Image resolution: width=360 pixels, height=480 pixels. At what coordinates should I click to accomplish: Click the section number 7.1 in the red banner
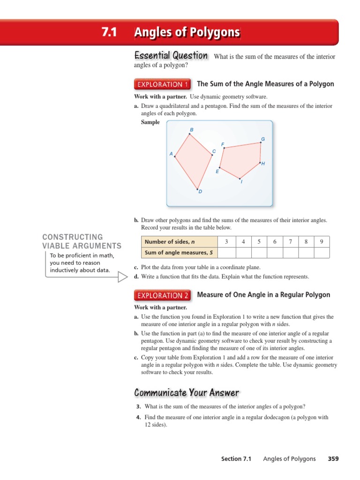click(108, 33)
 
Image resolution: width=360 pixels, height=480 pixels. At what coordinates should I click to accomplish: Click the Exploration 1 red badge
click(163, 84)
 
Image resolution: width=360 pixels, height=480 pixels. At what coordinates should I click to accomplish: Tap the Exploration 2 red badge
click(163, 295)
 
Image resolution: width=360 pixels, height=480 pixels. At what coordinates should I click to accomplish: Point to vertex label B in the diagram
click(191, 129)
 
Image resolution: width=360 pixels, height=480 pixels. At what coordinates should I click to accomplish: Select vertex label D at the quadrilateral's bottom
click(200, 192)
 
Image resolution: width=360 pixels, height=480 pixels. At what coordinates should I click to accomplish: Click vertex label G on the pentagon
click(263, 139)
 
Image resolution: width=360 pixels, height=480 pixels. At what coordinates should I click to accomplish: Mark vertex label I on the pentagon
click(241, 181)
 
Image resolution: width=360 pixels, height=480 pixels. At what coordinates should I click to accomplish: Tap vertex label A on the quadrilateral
click(171, 154)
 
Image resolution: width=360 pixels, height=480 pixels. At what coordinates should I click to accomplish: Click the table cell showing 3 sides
click(226, 242)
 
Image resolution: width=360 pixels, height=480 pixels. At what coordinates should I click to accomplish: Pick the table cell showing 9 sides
click(322, 242)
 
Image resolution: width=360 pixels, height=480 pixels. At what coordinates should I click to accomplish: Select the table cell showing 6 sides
click(274, 242)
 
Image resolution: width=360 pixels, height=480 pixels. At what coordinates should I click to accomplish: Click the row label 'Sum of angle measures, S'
click(179, 253)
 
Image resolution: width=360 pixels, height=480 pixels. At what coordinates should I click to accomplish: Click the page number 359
click(333, 459)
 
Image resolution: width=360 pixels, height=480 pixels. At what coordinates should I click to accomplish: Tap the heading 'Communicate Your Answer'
click(187, 393)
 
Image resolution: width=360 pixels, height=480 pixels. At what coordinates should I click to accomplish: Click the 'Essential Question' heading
click(171, 56)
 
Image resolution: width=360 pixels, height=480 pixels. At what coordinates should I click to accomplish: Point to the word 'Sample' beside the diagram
click(150, 122)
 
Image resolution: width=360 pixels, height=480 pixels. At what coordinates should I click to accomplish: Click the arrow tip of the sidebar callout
click(127, 277)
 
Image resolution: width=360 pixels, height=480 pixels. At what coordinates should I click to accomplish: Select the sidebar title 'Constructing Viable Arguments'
click(82, 241)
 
